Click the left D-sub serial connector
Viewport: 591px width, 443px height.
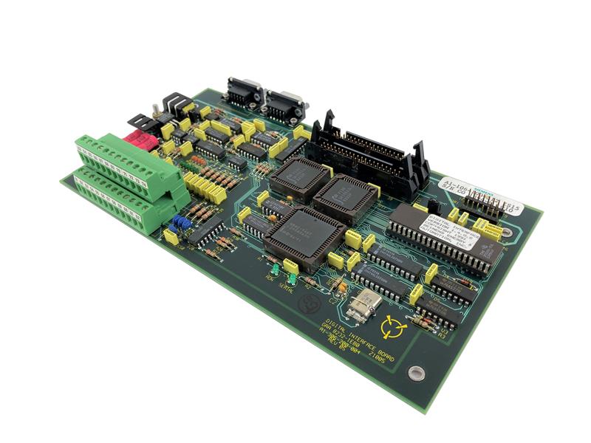[244, 92]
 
